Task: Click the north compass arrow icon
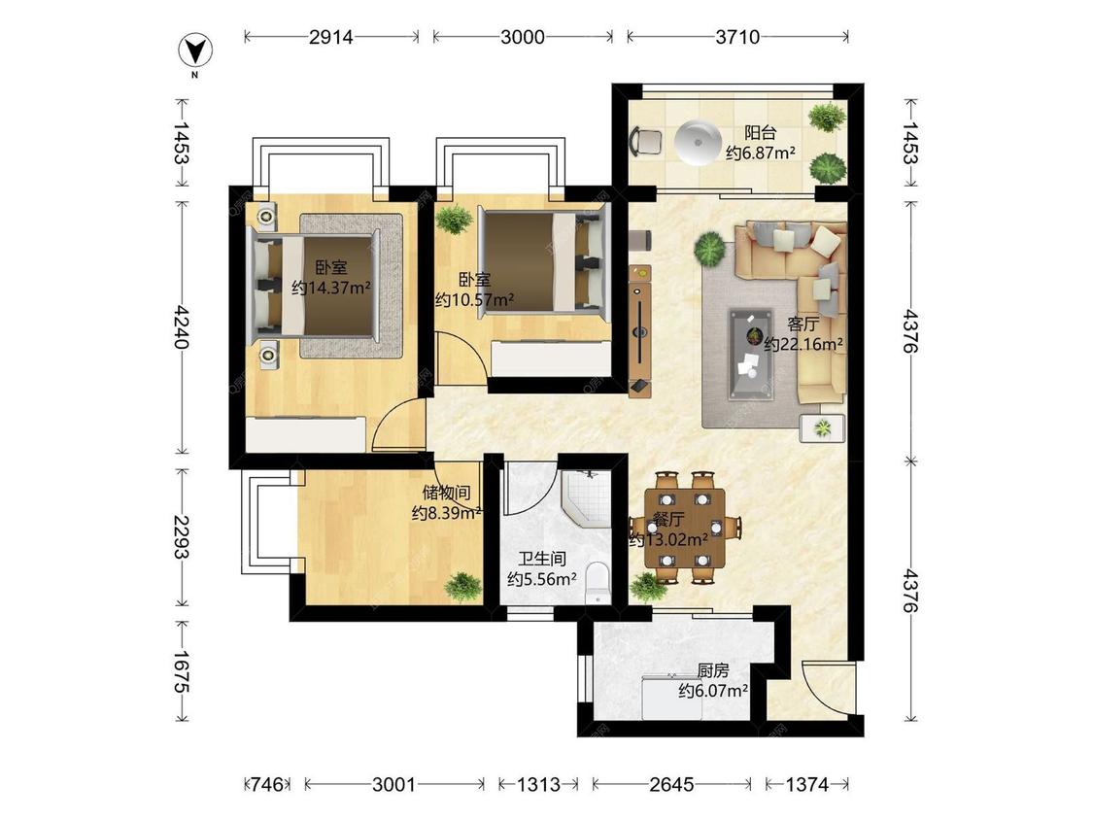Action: [196, 51]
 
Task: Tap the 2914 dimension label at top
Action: [331, 36]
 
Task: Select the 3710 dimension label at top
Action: [737, 36]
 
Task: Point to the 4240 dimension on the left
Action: [182, 326]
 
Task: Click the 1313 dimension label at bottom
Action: [538, 784]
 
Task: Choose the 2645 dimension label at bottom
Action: [672, 784]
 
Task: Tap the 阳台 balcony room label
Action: [760, 132]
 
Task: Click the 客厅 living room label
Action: [803, 325]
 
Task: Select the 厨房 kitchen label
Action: [713, 670]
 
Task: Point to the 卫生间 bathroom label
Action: [541, 560]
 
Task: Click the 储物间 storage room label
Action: [446, 493]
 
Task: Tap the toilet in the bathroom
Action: [598, 582]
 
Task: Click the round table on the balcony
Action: [699, 142]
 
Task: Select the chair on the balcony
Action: [645, 142]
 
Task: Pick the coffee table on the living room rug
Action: [751, 355]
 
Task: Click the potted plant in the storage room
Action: [462, 586]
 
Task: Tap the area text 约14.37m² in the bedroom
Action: [331, 288]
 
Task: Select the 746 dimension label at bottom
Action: [267, 784]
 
